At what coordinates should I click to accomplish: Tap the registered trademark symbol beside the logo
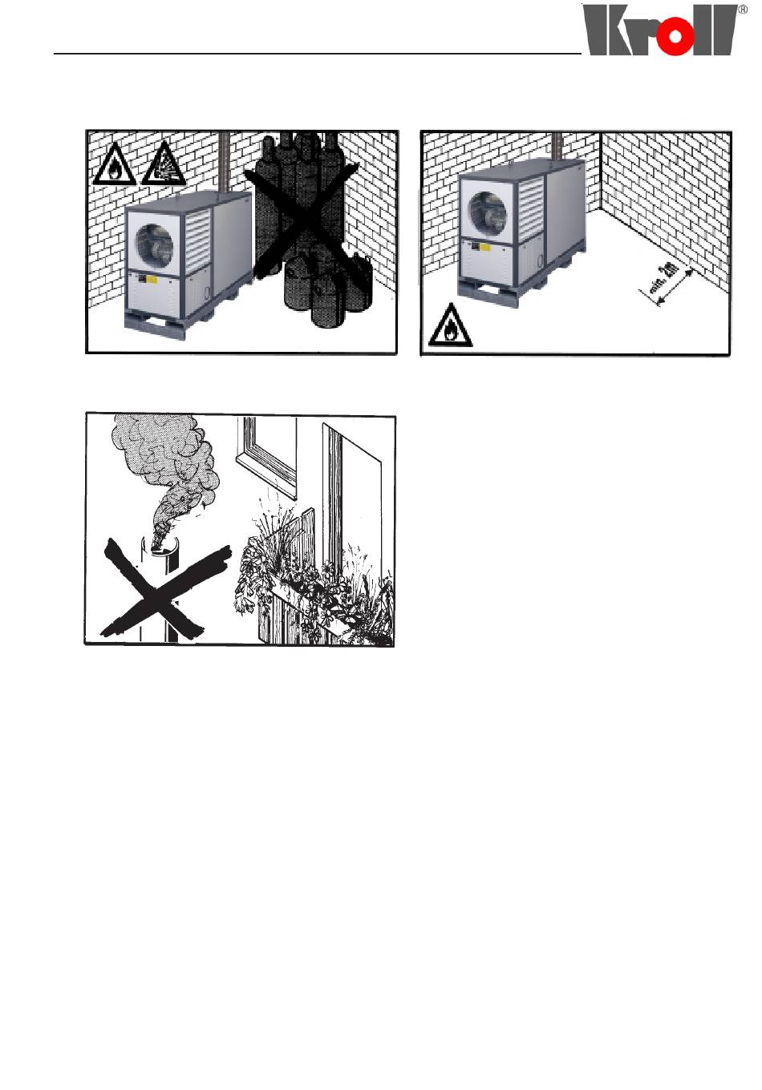pos(742,10)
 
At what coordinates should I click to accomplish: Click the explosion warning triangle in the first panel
pos(164,165)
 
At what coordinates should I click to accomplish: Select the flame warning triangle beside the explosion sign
pos(115,165)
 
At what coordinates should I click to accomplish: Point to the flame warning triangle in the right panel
pos(451,325)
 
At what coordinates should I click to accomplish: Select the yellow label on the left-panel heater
pos(151,280)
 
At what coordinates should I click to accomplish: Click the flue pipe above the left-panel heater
pos(224,164)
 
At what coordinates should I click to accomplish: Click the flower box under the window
pos(311,598)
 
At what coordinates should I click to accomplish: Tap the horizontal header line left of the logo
pos(318,53)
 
